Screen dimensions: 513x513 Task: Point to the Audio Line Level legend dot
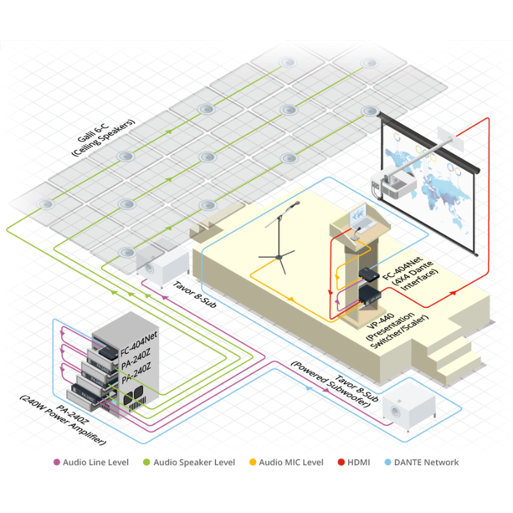(x=56, y=462)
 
